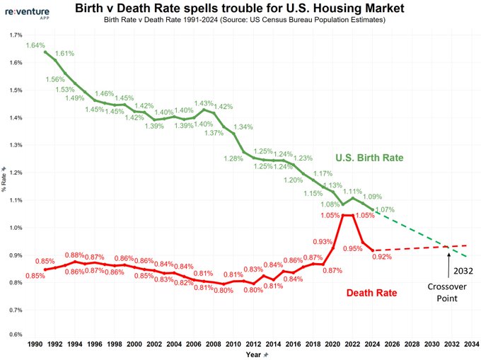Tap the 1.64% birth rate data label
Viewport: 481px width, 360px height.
35,46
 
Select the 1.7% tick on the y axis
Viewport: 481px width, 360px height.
15,35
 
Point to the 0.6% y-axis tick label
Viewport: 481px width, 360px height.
15,335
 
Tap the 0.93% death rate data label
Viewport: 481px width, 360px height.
323,242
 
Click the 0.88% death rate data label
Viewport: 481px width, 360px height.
74,255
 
